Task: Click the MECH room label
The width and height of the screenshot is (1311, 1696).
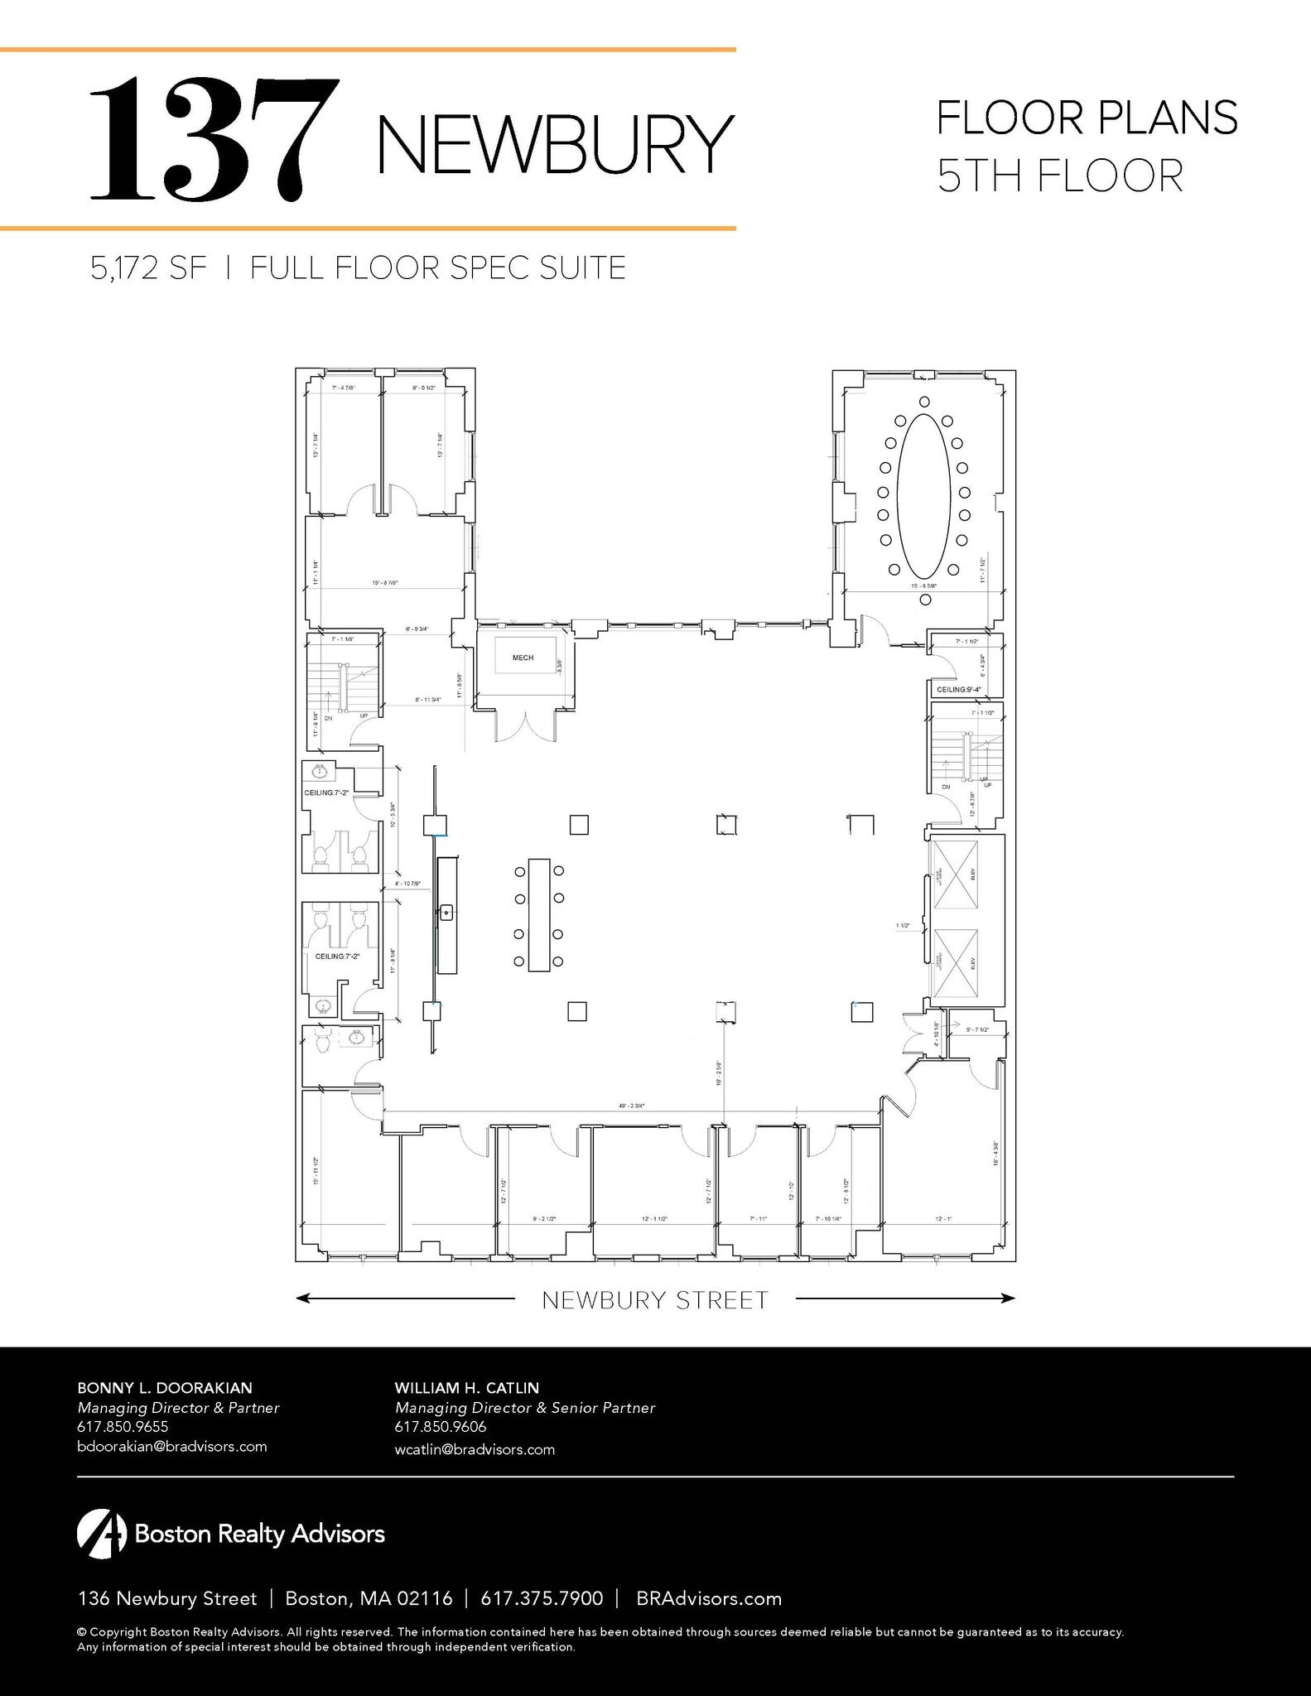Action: tap(523, 658)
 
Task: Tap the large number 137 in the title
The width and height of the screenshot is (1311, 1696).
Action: tap(214, 138)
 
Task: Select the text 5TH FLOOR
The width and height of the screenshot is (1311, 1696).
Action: tap(1059, 176)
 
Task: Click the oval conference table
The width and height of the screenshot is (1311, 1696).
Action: tap(923, 496)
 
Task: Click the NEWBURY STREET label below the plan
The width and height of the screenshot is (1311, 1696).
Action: tap(655, 1300)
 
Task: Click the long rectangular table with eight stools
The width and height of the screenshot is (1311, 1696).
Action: tap(539, 914)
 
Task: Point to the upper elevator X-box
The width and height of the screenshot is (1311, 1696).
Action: tap(955, 874)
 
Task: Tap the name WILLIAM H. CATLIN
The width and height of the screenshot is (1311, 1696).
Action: tap(467, 1387)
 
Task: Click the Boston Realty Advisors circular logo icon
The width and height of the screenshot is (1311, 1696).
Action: tap(101, 1534)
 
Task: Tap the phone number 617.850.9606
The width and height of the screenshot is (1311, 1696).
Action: tap(441, 1426)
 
